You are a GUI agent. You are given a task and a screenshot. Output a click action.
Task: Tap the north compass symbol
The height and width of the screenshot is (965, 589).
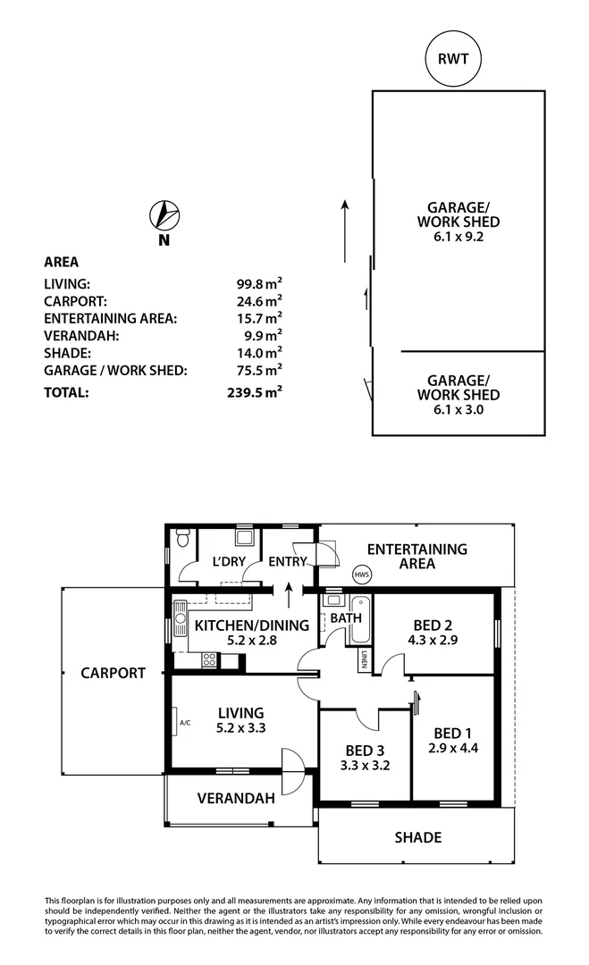click(164, 216)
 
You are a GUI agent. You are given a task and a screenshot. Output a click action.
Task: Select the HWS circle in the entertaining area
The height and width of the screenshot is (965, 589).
click(361, 575)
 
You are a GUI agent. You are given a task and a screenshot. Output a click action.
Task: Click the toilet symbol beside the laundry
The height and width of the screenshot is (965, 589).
click(182, 539)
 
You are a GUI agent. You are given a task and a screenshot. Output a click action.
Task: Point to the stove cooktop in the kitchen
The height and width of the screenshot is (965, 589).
click(209, 660)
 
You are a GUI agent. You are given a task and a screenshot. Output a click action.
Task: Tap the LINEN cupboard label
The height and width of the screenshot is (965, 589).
click(365, 659)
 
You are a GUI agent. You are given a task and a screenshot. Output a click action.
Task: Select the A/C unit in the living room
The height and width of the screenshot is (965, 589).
click(182, 723)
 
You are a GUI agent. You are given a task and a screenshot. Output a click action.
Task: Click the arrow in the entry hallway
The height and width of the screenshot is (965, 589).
click(289, 592)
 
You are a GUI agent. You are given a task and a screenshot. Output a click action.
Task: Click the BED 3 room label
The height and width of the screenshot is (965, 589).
click(361, 751)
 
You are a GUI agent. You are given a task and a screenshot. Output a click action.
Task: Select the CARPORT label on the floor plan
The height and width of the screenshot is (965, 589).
click(112, 673)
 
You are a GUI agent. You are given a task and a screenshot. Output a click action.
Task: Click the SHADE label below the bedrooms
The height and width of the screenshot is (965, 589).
click(418, 837)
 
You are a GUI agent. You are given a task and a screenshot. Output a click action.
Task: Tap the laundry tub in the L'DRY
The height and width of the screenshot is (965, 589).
click(242, 538)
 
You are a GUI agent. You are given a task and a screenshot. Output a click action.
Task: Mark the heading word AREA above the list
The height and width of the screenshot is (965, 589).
click(62, 262)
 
